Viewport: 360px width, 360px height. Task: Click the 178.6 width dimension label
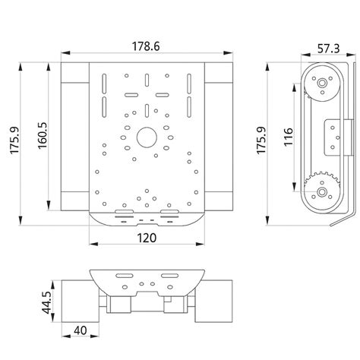[146, 46]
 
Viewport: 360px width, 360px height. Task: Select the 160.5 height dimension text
[43, 136]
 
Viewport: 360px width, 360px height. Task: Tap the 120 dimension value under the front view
[147, 238]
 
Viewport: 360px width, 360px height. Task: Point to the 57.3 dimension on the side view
[328, 49]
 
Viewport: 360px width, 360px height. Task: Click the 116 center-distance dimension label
[288, 137]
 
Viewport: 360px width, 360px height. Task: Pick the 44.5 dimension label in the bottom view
[46, 302]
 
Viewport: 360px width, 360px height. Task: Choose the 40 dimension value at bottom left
[81, 330]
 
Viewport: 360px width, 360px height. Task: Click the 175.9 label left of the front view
[14, 140]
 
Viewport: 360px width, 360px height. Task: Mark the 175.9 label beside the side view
[261, 141]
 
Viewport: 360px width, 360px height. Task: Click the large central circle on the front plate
[147, 137]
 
